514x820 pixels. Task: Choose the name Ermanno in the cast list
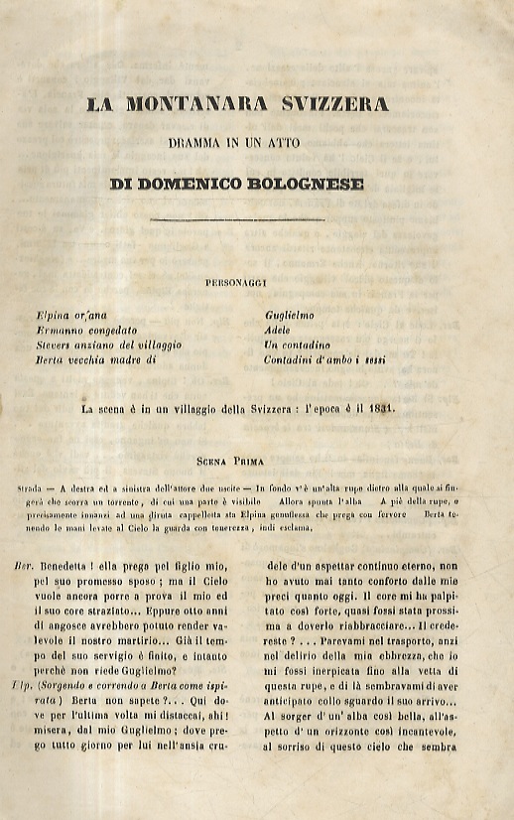(x=58, y=330)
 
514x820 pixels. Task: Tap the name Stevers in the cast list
(x=56, y=343)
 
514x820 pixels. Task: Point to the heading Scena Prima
(x=237, y=462)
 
